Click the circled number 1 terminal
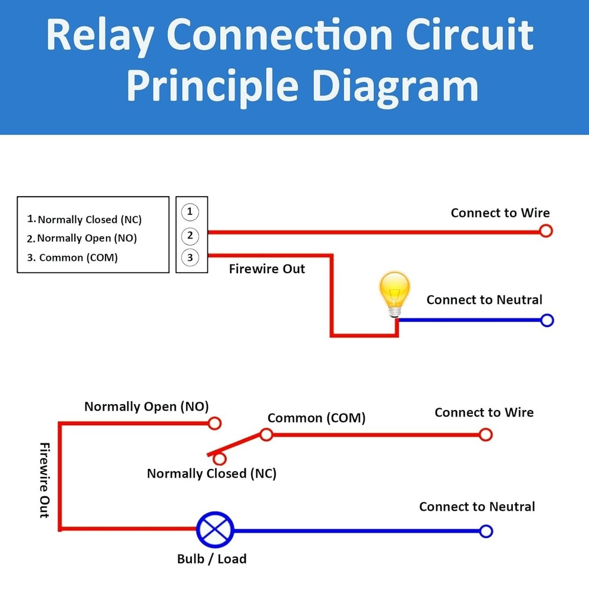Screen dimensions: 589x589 click(x=190, y=211)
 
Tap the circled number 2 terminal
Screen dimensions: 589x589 click(x=190, y=236)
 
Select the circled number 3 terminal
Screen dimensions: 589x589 click(x=190, y=257)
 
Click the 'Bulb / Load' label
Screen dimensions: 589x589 click(x=211, y=559)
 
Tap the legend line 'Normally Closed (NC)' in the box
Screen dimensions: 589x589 click(x=85, y=220)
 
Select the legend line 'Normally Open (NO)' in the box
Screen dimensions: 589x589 click(x=82, y=239)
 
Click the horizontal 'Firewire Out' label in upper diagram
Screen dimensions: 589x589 click(x=267, y=269)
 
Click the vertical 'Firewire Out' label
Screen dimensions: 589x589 click(x=44, y=480)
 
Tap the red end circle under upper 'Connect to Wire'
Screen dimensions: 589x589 click(x=546, y=231)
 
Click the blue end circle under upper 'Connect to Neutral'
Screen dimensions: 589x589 click(x=547, y=320)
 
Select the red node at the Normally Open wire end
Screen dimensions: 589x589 click(x=215, y=423)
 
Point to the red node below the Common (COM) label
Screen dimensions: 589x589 click(x=266, y=435)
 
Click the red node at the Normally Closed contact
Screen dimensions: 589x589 click(x=220, y=459)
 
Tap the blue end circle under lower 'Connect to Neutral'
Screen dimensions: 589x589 click(x=486, y=531)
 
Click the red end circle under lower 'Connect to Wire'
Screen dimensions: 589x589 click(x=485, y=435)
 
